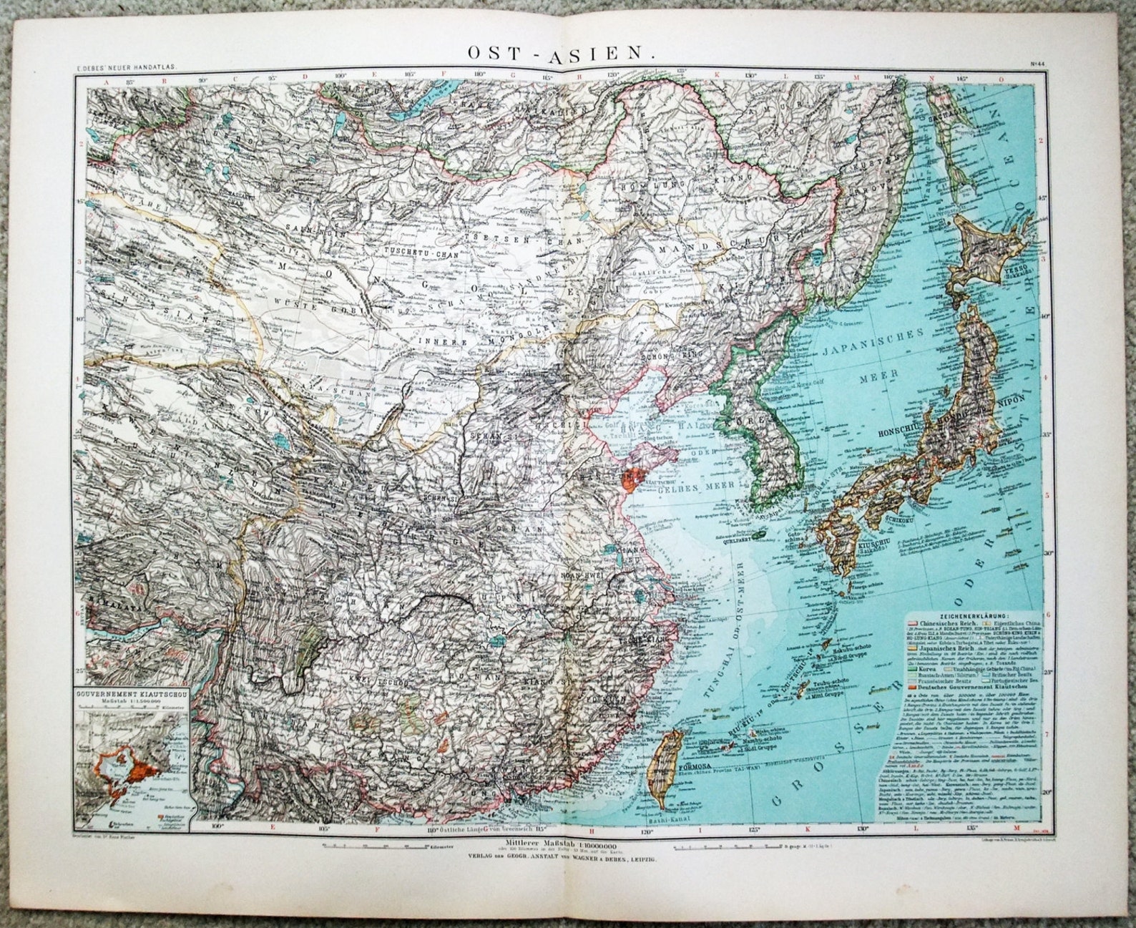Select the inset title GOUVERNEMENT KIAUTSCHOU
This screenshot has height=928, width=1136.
coord(134,693)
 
